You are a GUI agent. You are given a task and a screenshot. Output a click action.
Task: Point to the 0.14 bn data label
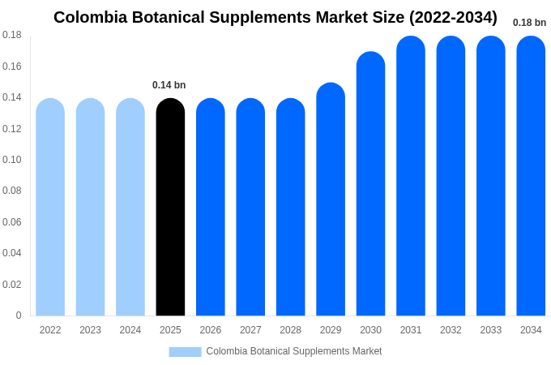169,85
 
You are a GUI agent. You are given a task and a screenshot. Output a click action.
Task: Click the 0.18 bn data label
529,23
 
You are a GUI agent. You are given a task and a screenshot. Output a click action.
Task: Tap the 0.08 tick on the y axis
12,191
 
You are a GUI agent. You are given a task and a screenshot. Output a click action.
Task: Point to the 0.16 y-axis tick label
12,67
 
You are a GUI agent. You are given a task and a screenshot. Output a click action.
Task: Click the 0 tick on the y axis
19,316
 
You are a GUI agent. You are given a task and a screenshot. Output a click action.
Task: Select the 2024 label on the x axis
130,330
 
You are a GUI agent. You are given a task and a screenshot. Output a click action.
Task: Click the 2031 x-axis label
411,330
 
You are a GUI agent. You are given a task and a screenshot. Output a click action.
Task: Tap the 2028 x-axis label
290,330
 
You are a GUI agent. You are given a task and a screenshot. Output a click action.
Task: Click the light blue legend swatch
185,352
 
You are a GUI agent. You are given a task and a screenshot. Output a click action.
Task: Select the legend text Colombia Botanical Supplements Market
293,351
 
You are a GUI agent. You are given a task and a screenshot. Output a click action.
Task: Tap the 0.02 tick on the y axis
12,285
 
